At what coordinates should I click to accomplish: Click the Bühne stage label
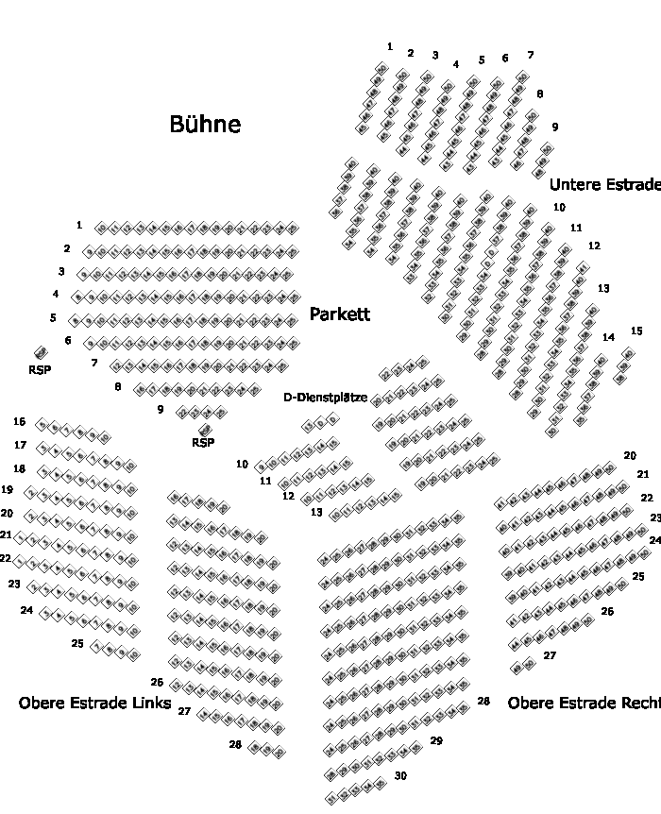(205, 125)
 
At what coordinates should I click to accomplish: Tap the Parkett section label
(340, 314)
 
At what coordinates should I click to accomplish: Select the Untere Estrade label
(604, 185)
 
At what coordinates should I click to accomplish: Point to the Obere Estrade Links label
(94, 704)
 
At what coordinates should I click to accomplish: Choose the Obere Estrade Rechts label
(584, 704)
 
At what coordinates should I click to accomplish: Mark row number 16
(19, 422)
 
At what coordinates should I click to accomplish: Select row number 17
(20, 445)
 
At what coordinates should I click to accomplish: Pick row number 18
(19, 468)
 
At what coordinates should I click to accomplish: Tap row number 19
(7, 490)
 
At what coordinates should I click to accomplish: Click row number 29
(436, 741)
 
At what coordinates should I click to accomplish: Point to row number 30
(400, 776)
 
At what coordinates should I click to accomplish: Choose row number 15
(636, 331)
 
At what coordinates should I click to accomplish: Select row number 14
(608, 337)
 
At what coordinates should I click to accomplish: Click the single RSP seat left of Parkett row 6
(41, 353)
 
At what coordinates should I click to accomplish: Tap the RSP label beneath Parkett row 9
(203, 442)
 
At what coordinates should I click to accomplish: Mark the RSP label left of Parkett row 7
(40, 370)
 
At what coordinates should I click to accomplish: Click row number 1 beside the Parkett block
(79, 225)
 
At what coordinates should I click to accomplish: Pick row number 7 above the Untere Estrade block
(530, 55)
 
